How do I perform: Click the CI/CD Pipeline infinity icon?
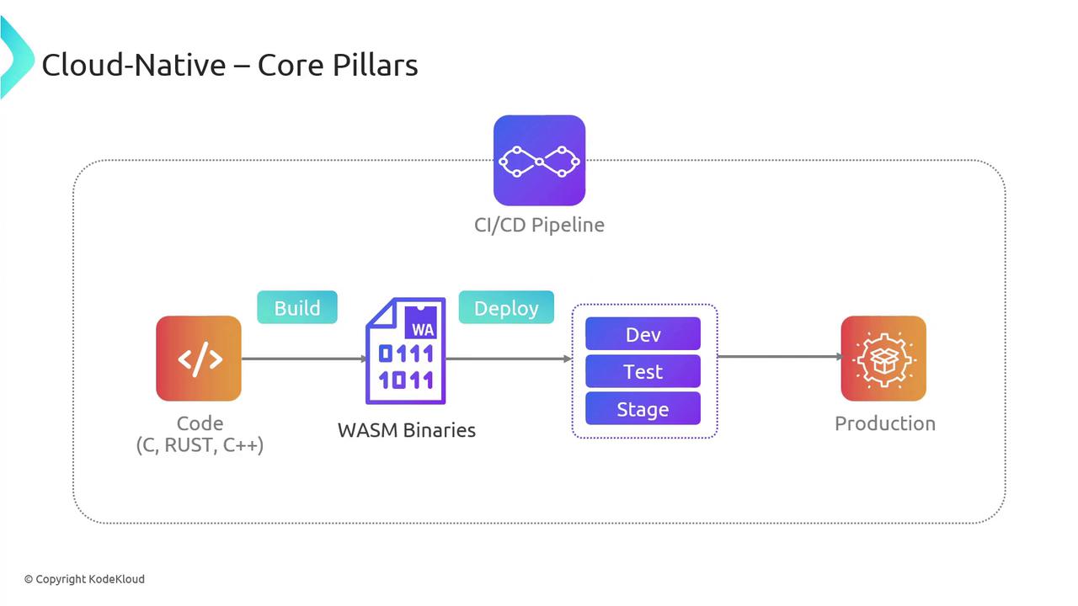[539, 160]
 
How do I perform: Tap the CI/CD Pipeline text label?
[539, 225]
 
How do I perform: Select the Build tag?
[297, 307]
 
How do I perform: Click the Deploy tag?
[506, 307]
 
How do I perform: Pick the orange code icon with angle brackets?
[199, 358]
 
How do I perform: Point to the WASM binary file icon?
[405, 351]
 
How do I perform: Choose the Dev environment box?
[643, 334]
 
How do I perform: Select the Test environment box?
[643, 371]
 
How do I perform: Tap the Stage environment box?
[643, 409]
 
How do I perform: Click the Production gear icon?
[883, 358]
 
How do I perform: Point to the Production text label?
[884, 423]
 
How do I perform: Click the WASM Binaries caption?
[407, 430]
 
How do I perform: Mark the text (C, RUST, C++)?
[200, 445]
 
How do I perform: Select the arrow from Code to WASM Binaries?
[303, 359]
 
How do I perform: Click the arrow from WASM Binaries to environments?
[509, 359]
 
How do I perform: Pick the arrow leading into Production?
[779, 357]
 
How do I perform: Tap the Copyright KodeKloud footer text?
[84, 579]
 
